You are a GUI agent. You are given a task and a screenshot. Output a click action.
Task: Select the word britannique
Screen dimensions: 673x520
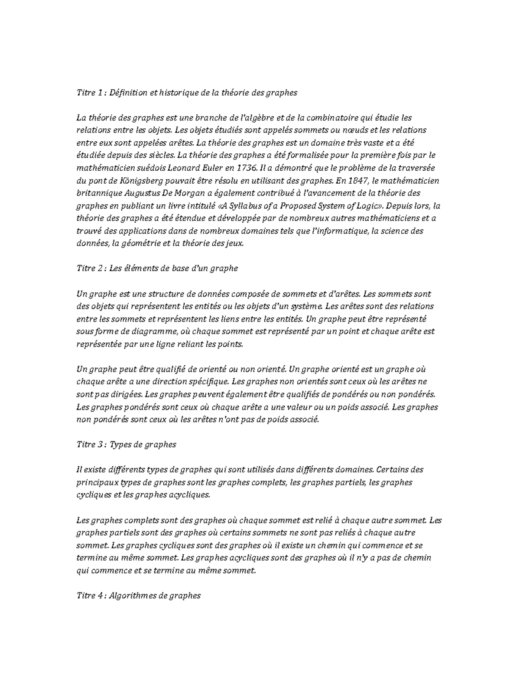[x=96, y=193]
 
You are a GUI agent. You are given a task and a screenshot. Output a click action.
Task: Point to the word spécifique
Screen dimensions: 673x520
[x=207, y=382]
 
